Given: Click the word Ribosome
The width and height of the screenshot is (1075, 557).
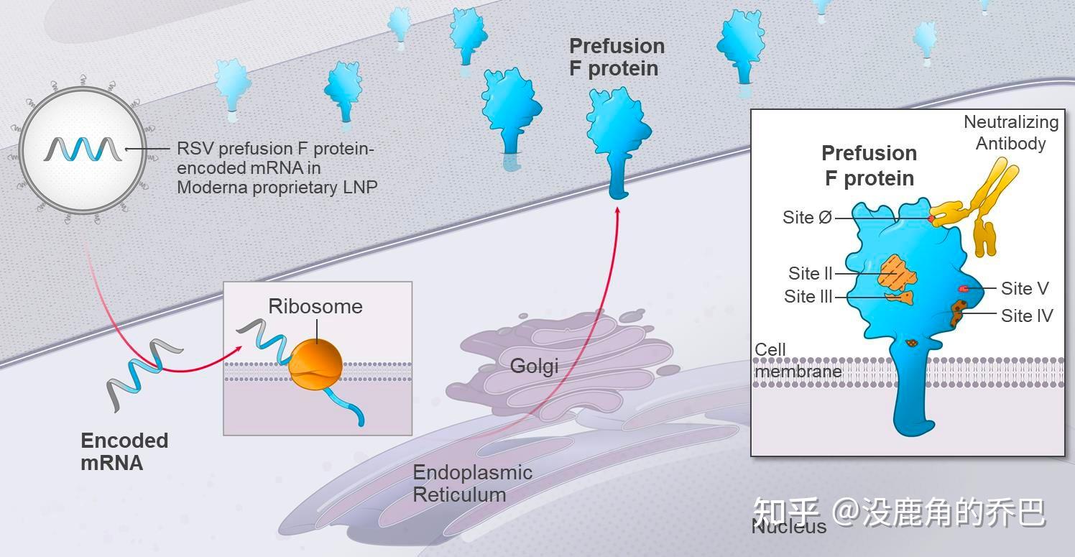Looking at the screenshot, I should [315, 306].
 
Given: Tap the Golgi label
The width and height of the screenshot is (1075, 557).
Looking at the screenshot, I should [534, 367].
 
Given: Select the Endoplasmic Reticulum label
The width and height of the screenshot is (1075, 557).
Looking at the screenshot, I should [472, 483].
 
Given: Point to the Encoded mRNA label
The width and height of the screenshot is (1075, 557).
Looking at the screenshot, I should [124, 451].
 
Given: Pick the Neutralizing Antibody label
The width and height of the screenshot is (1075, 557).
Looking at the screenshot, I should [1011, 132].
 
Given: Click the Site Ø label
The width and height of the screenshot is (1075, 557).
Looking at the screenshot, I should [807, 217].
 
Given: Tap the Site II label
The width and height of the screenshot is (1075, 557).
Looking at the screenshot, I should [810, 273].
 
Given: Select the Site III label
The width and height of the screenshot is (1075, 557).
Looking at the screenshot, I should [808, 296].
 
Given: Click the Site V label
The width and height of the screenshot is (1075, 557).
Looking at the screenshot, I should [1025, 288].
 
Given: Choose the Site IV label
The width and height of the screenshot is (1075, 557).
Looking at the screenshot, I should [1027, 315].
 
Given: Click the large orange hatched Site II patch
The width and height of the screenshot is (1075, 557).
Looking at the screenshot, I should [898, 272].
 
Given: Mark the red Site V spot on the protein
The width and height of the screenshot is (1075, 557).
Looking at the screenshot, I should [964, 288].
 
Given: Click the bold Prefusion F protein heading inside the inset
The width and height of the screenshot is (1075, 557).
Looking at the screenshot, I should [869, 165].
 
